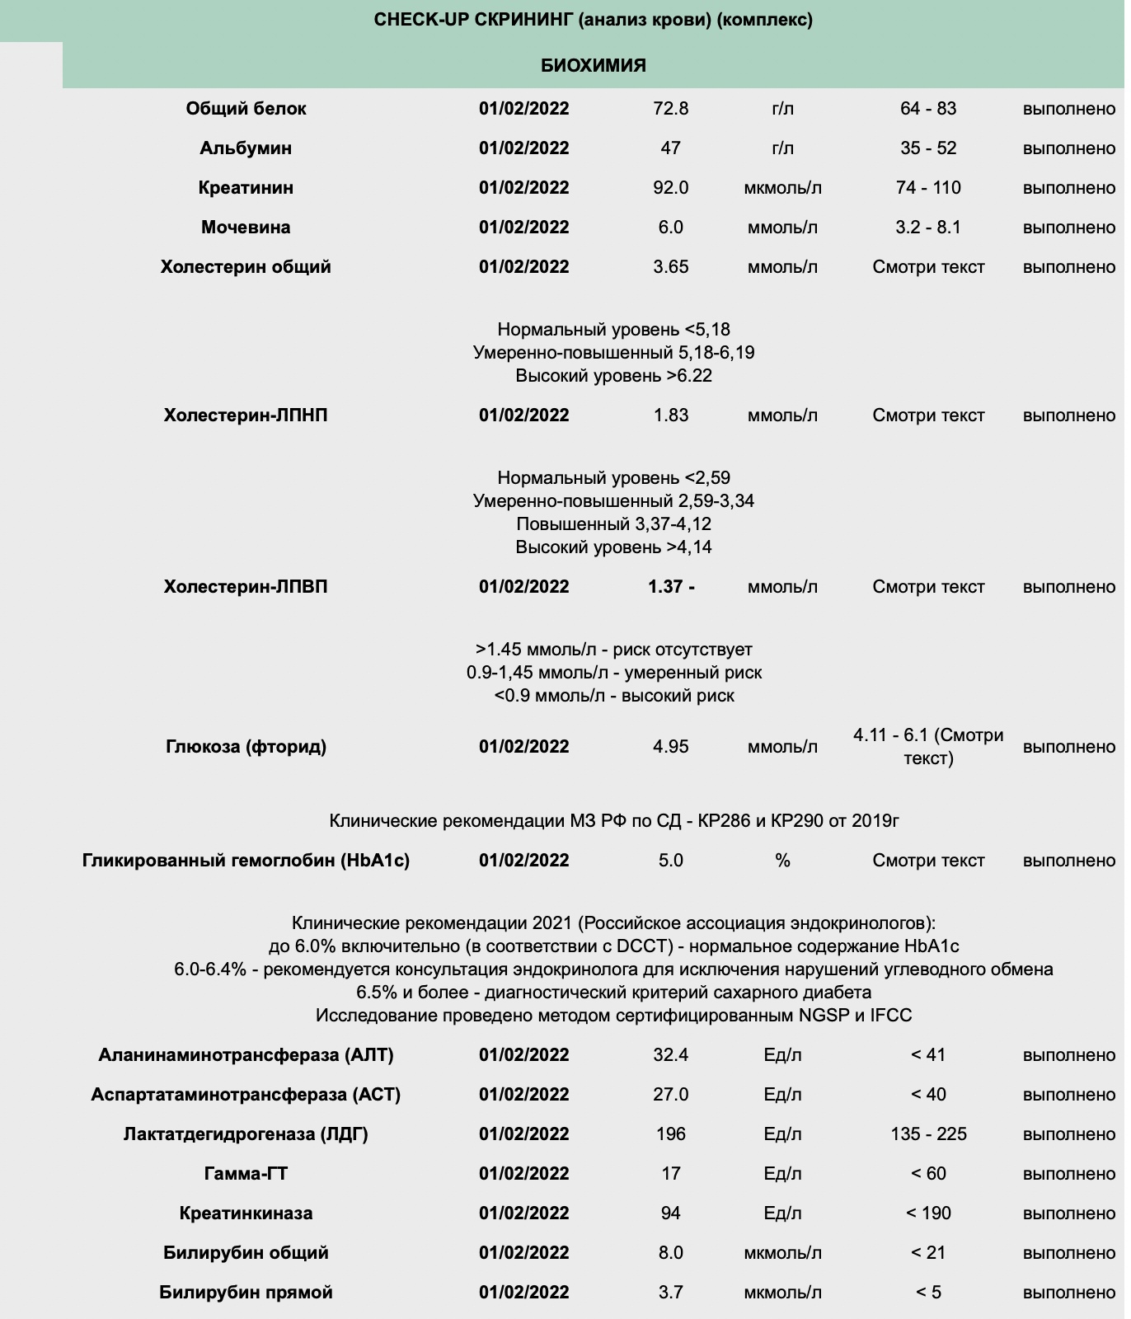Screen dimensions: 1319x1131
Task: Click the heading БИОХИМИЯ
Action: (593, 65)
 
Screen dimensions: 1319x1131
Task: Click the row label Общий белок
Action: (246, 109)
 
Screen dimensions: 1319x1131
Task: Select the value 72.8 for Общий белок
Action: (670, 109)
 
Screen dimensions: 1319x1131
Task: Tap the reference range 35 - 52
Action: (928, 148)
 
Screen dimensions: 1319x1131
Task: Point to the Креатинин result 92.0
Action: (670, 188)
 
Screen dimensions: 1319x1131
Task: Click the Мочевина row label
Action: (246, 228)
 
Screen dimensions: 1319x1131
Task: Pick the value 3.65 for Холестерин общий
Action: (670, 267)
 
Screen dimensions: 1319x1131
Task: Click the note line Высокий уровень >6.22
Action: (613, 376)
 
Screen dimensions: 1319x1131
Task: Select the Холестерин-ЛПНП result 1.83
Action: (670, 415)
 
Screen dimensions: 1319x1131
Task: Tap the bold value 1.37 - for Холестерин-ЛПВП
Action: (671, 587)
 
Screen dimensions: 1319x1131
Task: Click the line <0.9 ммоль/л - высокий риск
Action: (613, 696)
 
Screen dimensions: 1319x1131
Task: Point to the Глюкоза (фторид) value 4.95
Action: (670, 747)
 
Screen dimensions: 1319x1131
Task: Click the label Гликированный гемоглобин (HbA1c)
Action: (246, 861)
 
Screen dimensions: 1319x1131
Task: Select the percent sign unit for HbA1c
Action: (782, 861)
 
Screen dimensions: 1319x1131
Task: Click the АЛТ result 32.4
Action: (670, 1055)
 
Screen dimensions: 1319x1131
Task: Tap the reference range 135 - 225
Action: (928, 1134)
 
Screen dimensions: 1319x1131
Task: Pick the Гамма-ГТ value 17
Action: (670, 1174)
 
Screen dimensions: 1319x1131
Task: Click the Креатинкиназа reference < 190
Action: (928, 1213)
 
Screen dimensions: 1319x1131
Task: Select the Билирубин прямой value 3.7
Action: (670, 1293)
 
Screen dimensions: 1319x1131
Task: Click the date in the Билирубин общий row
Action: (523, 1253)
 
